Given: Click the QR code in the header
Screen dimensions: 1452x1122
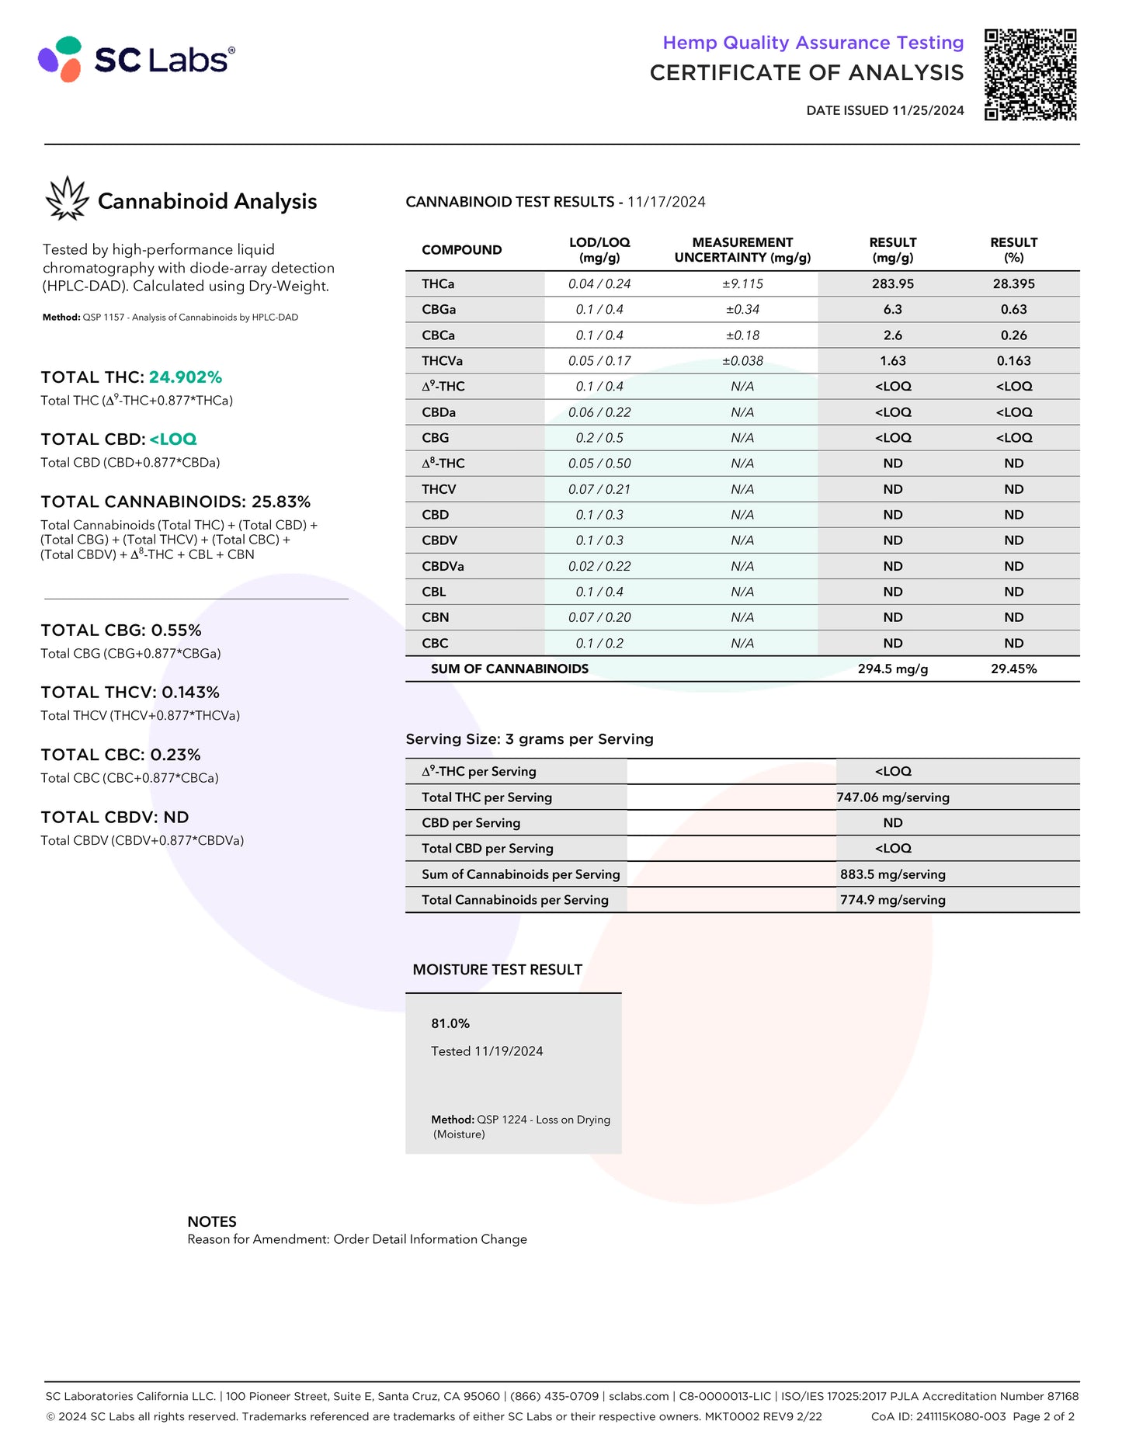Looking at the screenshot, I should click(1030, 75).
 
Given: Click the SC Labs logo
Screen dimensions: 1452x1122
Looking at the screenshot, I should click(137, 59).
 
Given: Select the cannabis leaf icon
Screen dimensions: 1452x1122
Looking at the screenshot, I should click(67, 199).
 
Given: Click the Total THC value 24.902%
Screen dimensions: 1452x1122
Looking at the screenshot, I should click(186, 377).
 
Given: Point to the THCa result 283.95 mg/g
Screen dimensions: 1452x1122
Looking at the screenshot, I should click(892, 284).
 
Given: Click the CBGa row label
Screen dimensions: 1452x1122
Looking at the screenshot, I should click(439, 310).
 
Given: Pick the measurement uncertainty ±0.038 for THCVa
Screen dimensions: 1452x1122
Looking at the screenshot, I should click(742, 361).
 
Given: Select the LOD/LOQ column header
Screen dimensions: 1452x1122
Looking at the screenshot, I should click(599, 250).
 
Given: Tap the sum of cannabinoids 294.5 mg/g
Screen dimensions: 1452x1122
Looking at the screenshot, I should click(892, 669).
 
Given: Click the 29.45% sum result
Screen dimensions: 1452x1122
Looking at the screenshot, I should click(1013, 669).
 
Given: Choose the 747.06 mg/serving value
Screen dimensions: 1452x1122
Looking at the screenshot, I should click(892, 797).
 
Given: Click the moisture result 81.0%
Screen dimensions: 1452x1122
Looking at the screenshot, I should click(450, 1024).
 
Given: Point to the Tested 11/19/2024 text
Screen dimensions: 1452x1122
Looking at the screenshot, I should click(487, 1051).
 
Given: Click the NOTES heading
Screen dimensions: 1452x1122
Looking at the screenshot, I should click(212, 1221).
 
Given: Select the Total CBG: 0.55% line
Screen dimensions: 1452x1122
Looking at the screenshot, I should click(121, 630).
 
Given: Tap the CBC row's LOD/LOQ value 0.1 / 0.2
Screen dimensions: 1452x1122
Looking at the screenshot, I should click(599, 644).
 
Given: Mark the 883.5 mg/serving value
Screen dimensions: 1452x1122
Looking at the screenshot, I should click(892, 874).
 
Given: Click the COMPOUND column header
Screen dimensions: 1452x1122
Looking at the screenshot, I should click(461, 250).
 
